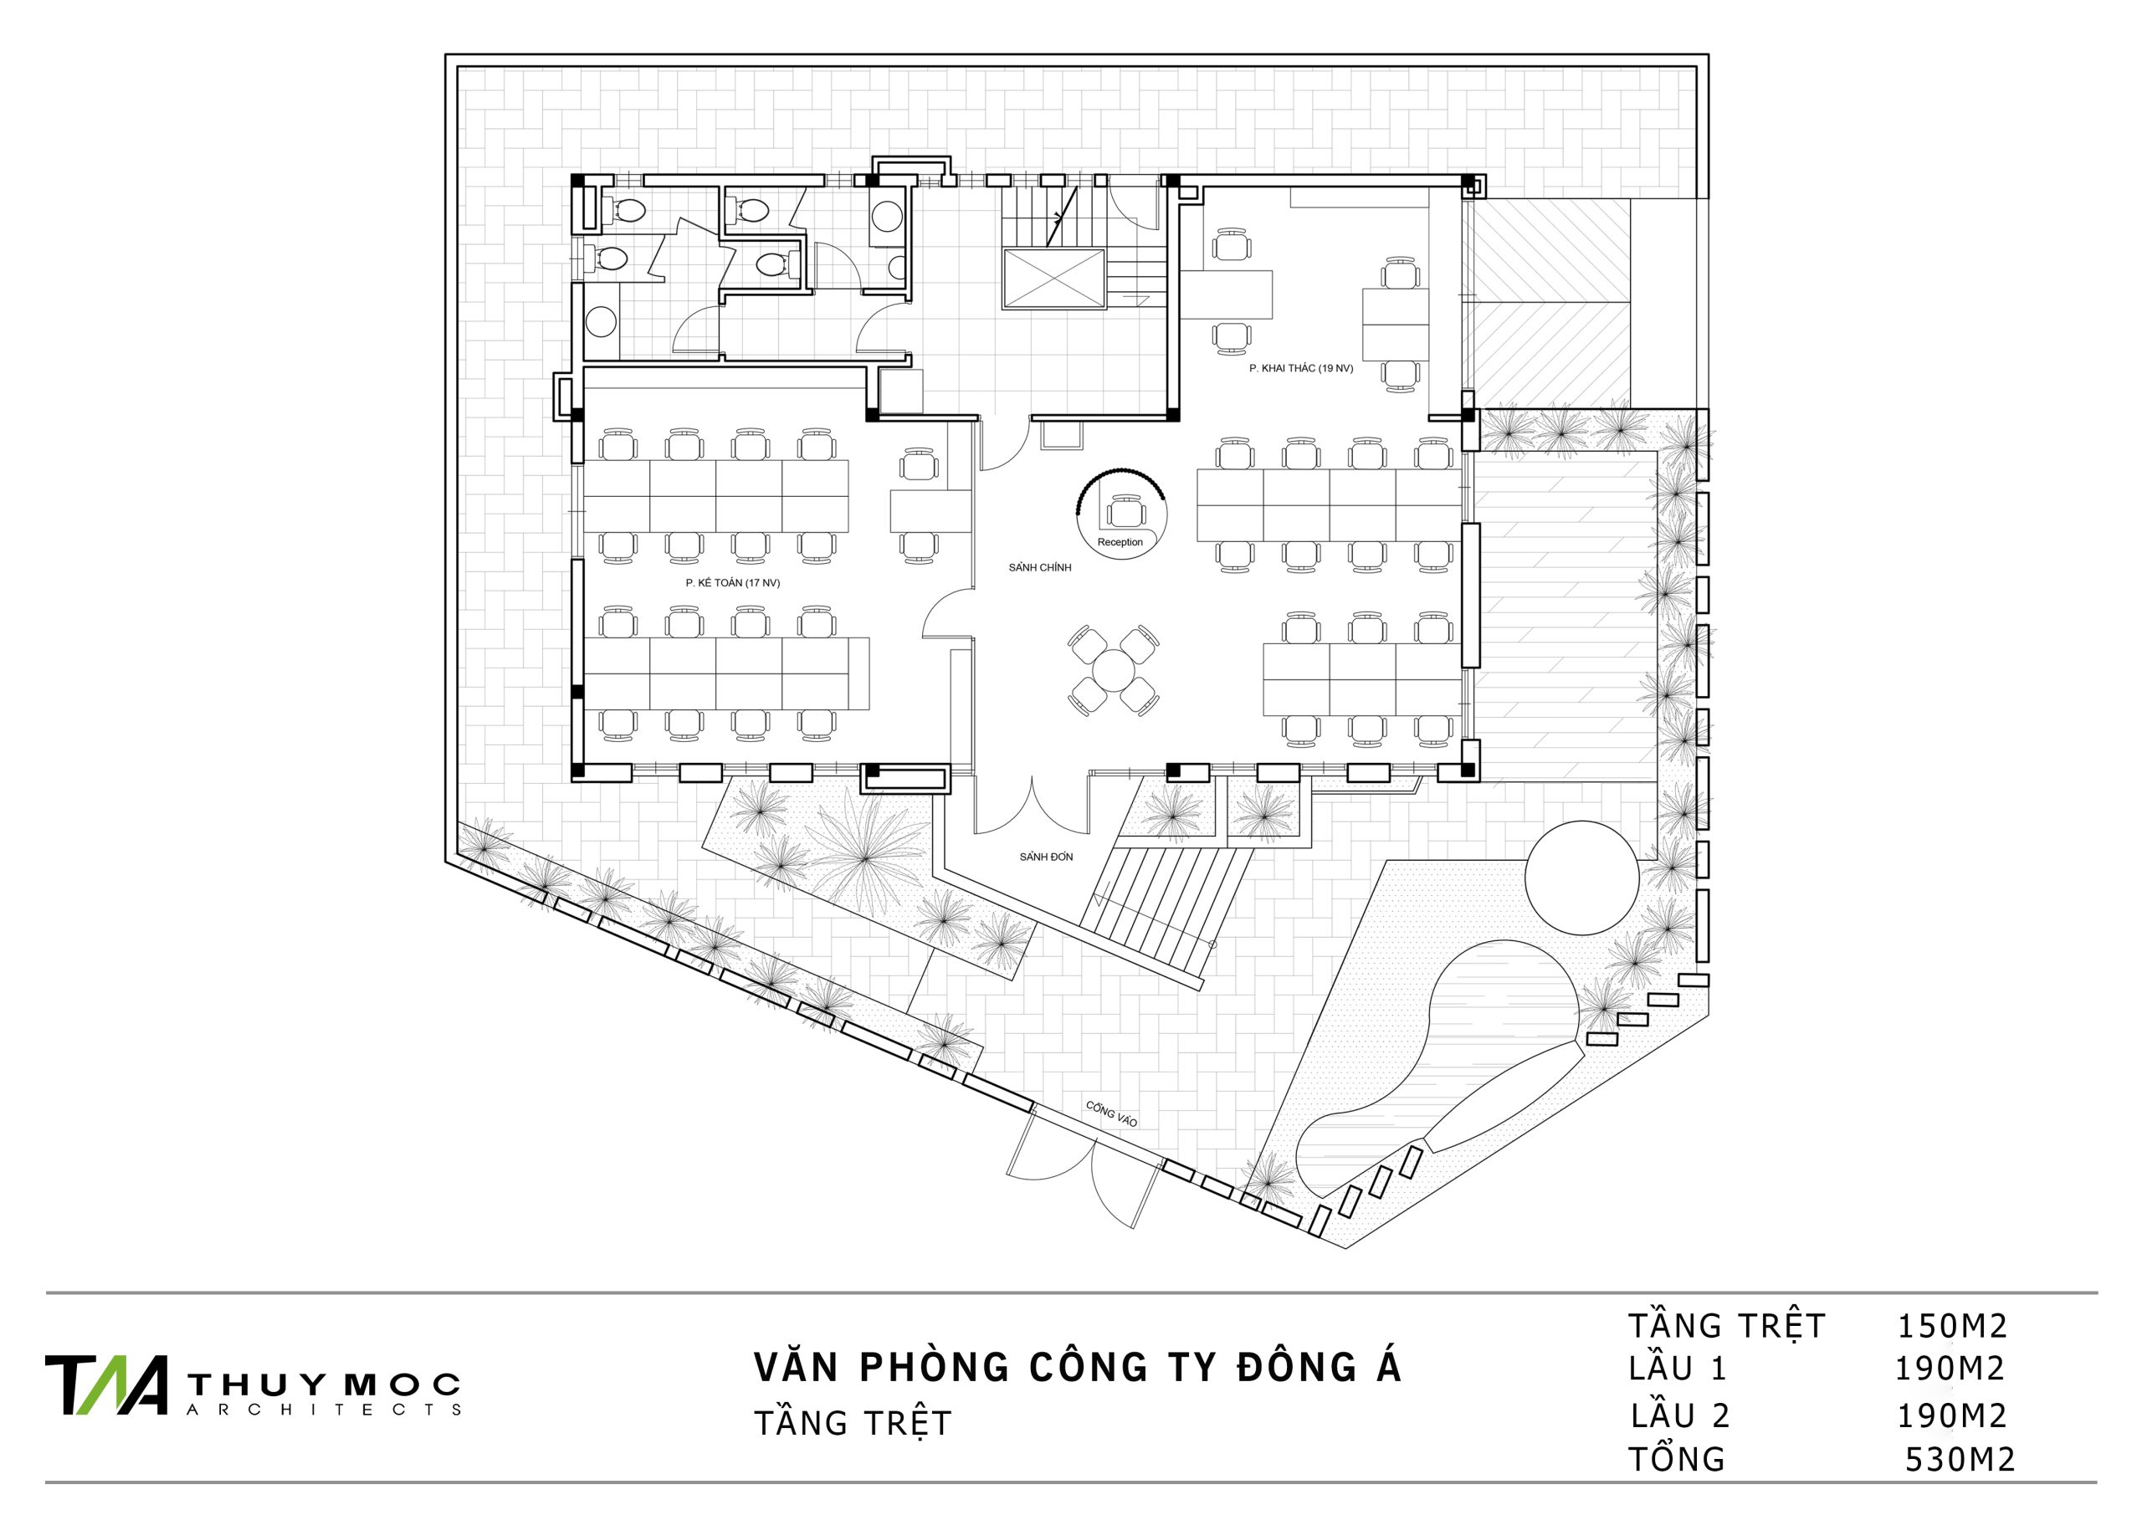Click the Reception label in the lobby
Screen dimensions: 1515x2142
coord(1120,542)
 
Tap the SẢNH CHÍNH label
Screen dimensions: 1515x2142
coord(1039,567)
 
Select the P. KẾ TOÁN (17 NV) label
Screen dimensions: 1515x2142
coord(732,583)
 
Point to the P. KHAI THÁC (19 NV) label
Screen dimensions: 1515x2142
coord(1300,368)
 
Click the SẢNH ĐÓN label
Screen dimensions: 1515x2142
coord(1046,857)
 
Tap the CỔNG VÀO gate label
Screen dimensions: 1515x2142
coord(1111,1113)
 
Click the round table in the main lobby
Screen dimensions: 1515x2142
coord(1113,670)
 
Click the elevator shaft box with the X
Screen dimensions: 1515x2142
coord(1053,279)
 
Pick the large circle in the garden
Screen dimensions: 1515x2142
coord(1581,877)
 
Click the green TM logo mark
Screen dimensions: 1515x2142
coord(106,1384)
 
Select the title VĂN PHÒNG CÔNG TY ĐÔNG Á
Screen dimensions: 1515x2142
coord(1078,1368)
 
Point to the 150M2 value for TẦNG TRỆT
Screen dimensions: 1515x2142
coord(1952,1326)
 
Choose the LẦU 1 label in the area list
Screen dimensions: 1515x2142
coord(1678,1369)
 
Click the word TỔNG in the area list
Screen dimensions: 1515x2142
coord(1677,1459)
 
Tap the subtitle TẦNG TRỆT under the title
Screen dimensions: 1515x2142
coord(852,1424)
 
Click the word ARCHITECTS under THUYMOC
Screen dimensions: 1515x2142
coord(324,1410)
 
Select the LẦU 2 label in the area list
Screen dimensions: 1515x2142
coord(1680,1416)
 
